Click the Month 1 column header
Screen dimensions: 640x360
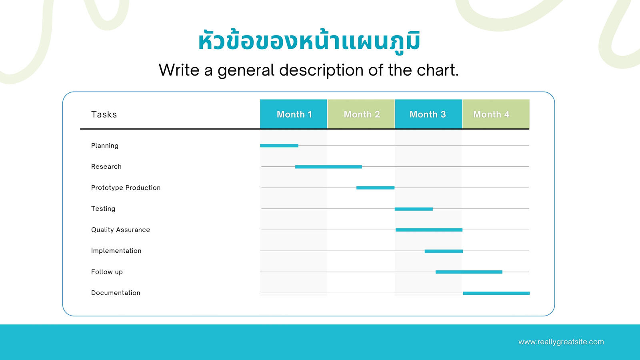[x=294, y=114]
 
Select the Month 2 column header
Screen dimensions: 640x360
[x=361, y=114]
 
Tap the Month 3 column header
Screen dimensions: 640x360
[x=428, y=114]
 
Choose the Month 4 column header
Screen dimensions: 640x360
[x=496, y=114]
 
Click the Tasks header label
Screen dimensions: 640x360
[x=104, y=114]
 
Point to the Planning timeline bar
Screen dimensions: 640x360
[x=279, y=146]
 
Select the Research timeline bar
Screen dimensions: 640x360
[x=328, y=167]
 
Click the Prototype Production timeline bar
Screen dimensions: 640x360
[x=376, y=188]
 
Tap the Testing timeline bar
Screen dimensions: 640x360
[x=414, y=209]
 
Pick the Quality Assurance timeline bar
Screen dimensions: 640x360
[x=429, y=230]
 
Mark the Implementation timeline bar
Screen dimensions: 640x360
[x=444, y=251]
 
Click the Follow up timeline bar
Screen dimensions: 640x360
[x=469, y=272]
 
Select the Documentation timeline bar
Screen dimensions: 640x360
[x=496, y=293]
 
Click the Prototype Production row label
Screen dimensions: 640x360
[x=126, y=188]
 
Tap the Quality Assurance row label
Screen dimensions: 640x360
[x=120, y=230]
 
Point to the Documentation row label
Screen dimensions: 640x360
[x=116, y=293]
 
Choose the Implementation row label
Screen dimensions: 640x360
[x=116, y=250]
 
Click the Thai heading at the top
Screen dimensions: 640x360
[x=309, y=40]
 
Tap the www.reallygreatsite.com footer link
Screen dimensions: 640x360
[x=561, y=342]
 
